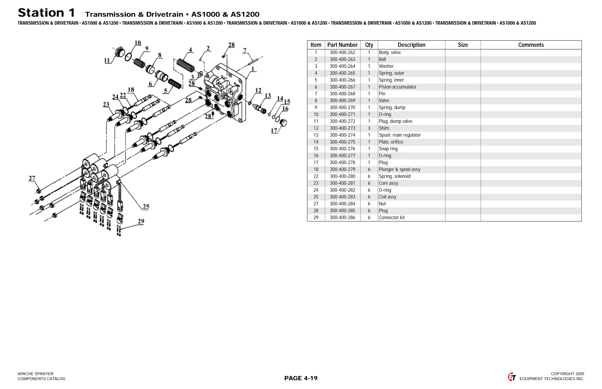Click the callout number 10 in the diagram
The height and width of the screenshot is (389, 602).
(x=138, y=43)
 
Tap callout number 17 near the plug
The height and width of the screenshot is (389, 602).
(x=274, y=131)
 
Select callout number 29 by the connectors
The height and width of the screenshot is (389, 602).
(x=141, y=221)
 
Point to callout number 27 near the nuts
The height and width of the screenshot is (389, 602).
(x=32, y=178)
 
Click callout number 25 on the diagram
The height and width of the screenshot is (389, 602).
(x=146, y=207)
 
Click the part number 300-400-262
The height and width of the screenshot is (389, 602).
(x=342, y=53)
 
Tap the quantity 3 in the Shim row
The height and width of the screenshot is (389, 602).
(x=369, y=128)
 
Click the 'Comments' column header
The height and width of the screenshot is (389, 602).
(x=531, y=45)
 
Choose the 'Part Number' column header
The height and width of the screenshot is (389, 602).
(x=342, y=45)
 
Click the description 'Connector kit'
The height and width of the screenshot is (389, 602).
(x=392, y=218)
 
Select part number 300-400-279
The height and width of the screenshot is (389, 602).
(x=342, y=169)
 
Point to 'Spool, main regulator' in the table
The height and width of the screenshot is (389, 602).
(x=399, y=135)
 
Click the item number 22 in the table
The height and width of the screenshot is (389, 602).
(x=316, y=176)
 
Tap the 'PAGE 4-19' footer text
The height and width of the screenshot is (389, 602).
(x=301, y=378)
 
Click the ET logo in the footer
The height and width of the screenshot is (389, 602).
(x=512, y=377)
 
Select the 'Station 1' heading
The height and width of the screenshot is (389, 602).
(x=46, y=13)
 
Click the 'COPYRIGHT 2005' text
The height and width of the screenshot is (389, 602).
(x=567, y=374)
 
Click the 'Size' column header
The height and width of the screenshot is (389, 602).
(x=462, y=45)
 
